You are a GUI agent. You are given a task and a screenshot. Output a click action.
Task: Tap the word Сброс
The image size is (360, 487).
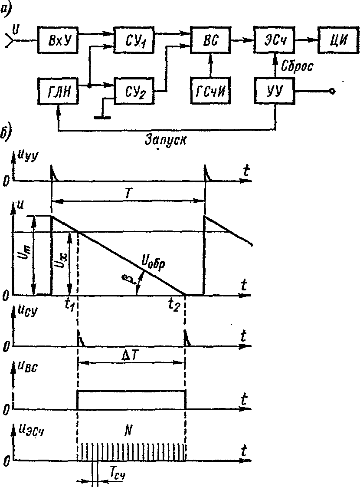[298, 66]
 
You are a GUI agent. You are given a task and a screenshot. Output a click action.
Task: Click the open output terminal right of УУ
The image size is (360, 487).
[332, 91]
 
